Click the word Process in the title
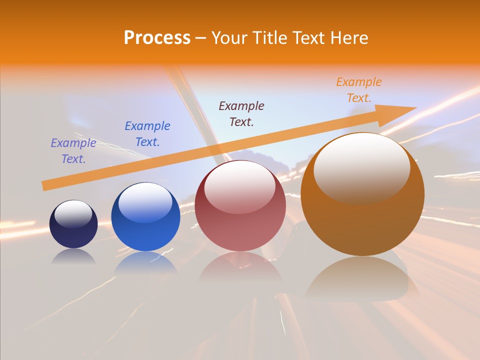157,37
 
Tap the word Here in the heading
348,37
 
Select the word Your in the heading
230,37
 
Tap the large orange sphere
362,220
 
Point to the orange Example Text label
358,90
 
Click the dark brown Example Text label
241,113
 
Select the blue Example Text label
147,133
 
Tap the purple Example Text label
73,151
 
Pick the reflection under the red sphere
240,267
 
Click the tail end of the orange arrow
46,186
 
